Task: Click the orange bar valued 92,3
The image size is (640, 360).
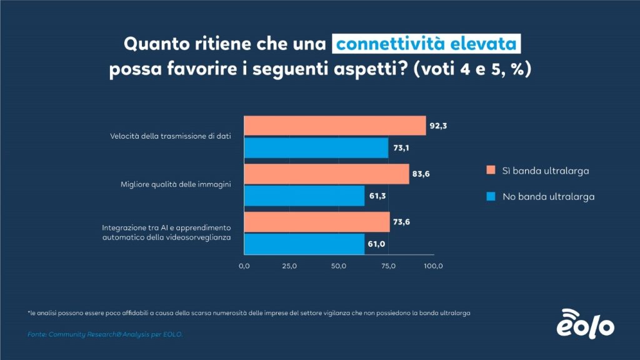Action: tap(334, 126)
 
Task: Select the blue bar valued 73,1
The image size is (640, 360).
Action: tap(316, 147)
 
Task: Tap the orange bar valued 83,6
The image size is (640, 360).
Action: tap(326, 174)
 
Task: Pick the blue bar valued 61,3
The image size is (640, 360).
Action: tap(304, 196)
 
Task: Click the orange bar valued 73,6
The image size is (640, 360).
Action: tap(316, 222)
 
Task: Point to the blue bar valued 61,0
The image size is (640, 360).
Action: tap(304, 244)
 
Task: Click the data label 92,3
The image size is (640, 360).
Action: tap(438, 126)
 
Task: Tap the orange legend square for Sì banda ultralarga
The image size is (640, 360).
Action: tap(491, 170)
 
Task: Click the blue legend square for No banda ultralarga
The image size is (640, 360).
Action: tap(491, 196)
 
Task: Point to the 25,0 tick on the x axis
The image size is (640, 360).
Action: tap(289, 266)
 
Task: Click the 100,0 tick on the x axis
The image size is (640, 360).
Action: tap(433, 266)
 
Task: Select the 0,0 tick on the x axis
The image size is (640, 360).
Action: tap(244, 266)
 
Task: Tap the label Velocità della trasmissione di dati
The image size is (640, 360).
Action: tap(167, 136)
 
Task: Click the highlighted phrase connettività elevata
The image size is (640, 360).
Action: tap(426, 44)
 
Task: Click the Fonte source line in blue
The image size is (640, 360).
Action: tap(106, 334)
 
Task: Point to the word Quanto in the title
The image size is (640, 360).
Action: tap(154, 45)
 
